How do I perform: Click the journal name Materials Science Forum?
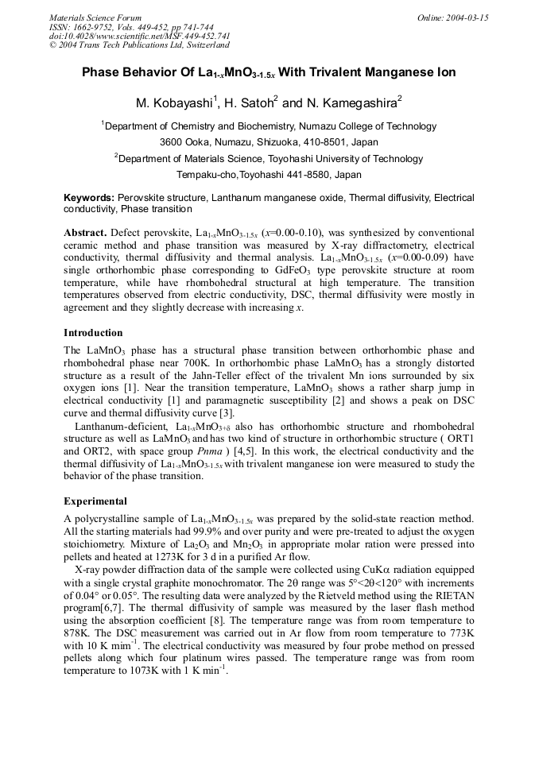pos(95,17)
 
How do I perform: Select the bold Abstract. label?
pos(85,233)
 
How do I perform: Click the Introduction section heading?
pos(93,333)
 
